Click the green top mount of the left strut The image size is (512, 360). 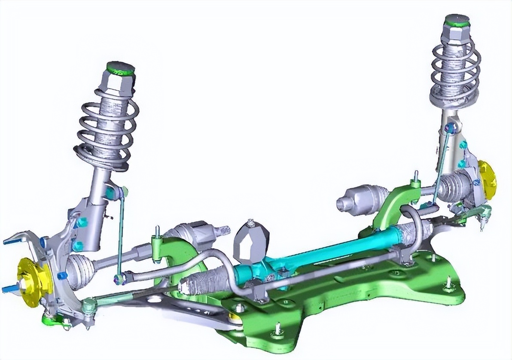121,68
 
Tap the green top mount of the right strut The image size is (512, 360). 457,19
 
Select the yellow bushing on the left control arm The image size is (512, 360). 235,317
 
